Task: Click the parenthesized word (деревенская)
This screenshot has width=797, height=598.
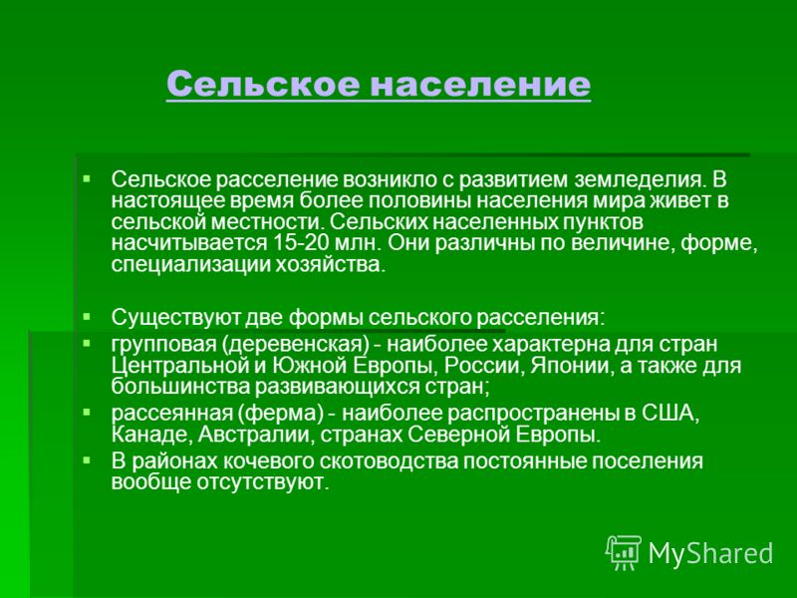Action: click(x=295, y=345)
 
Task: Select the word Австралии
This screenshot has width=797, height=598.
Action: click(x=255, y=436)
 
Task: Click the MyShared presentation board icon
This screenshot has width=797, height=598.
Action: click(x=624, y=552)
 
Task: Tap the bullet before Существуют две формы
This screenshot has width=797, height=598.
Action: click(x=87, y=317)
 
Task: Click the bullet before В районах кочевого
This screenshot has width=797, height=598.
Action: click(x=87, y=460)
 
